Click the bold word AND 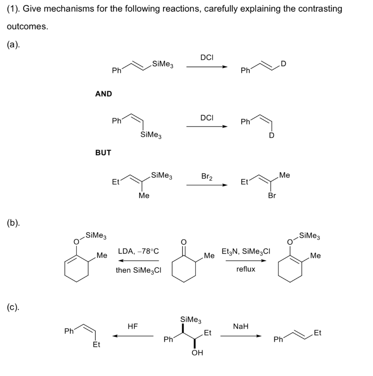[103, 94]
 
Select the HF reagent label [133, 326]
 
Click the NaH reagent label [241, 326]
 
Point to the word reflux [245, 269]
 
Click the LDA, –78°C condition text [138, 252]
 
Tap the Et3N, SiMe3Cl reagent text [246, 252]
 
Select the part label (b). [13, 223]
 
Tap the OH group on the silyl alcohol [197, 353]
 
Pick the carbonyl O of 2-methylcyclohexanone [184, 242]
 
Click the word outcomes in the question [27, 27]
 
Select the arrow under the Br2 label [207, 185]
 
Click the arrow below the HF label [133, 336]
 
